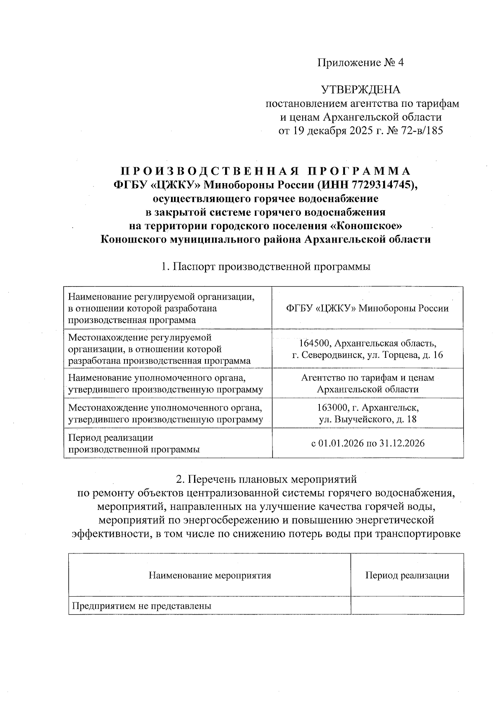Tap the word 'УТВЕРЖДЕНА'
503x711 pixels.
pyautogui.click(x=360, y=90)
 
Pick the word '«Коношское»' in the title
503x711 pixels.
pyautogui.click(x=366, y=226)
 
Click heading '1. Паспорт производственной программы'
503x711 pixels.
pyautogui.click(x=266, y=266)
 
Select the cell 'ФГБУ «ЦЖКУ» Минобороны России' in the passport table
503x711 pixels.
pyautogui.click(x=367, y=308)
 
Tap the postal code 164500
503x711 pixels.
pyautogui.click(x=312, y=344)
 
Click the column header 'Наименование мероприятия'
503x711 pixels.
pyautogui.click(x=210, y=575)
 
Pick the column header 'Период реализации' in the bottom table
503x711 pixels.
pyautogui.click(x=407, y=575)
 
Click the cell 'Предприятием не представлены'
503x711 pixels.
pyautogui.click(x=141, y=606)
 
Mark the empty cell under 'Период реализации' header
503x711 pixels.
pyautogui.click(x=407, y=605)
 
